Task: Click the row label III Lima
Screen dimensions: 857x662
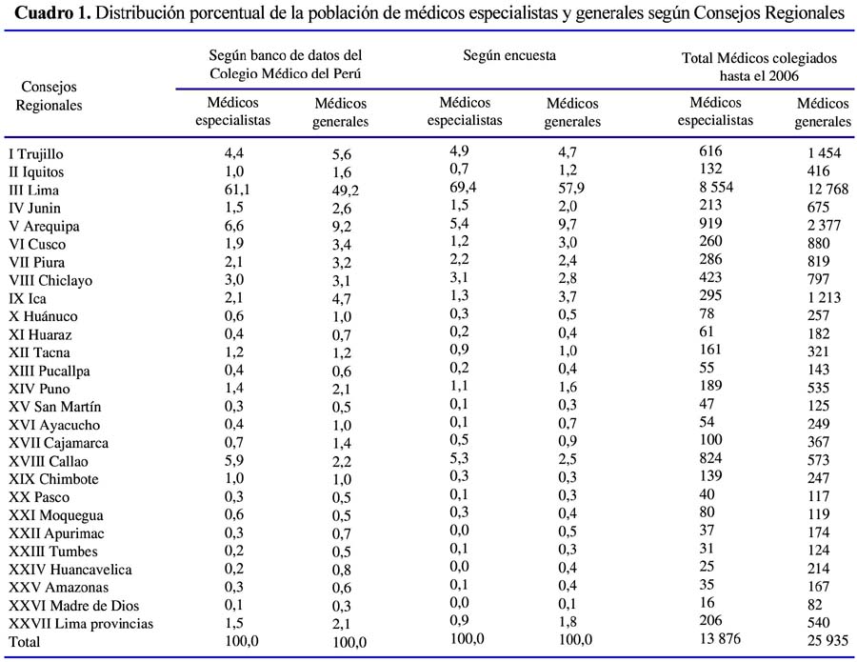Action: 34,191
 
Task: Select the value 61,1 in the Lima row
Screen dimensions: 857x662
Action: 234,190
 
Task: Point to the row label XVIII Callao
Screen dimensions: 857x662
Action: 49,461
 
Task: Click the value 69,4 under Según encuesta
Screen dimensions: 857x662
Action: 463,188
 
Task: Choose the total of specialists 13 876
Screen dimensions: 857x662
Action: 721,638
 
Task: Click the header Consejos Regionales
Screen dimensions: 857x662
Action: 49,95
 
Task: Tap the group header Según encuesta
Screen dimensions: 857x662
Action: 509,55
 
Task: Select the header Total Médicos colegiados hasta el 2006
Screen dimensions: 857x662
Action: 759,67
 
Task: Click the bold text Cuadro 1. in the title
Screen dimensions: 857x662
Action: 52,12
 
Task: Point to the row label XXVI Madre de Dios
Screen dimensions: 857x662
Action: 73,605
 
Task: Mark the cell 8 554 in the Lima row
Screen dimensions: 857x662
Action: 716,187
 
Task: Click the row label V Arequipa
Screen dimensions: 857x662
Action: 44,227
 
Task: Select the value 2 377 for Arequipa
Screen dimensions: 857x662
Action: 825,225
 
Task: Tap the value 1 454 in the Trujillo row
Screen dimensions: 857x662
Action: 825,153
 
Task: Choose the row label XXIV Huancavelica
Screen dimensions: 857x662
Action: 70,569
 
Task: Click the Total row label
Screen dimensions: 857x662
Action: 24,641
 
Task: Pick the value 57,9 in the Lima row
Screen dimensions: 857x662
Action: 571,188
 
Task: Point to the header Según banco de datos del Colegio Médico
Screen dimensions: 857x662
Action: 286,64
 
